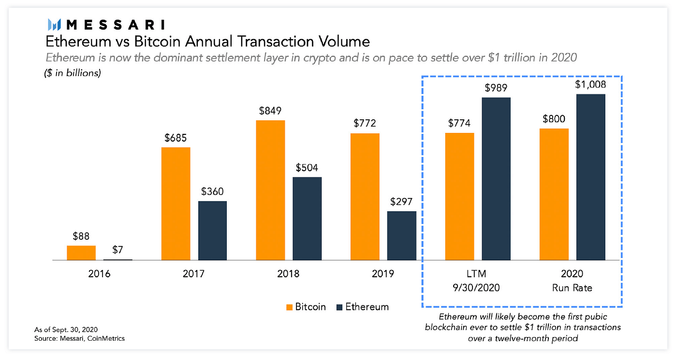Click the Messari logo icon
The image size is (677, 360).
click(54, 24)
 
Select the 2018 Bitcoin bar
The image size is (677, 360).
click(270, 190)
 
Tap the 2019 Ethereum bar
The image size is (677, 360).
click(401, 236)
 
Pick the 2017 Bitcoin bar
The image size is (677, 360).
click(176, 203)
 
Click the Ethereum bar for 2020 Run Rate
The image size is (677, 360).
click(591, 177)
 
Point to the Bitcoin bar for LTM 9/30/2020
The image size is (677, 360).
click(459, 196)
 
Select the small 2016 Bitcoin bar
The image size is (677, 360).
click(81, 253)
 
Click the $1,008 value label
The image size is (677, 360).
click(591, 85)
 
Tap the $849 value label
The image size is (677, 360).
click(270, 111)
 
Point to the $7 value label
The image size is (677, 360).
click(118, 250)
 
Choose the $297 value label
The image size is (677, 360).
click(401, 202)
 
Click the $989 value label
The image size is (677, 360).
click(496, 88)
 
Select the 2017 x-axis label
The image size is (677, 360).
click(193, 274)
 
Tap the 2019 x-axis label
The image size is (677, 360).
click(383, 274)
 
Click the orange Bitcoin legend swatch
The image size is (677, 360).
click(290, 307)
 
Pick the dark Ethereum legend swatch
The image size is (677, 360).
click(338, 307)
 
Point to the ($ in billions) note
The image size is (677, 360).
click(74, 74)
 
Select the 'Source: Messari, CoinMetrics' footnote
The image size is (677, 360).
click(80, 338)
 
